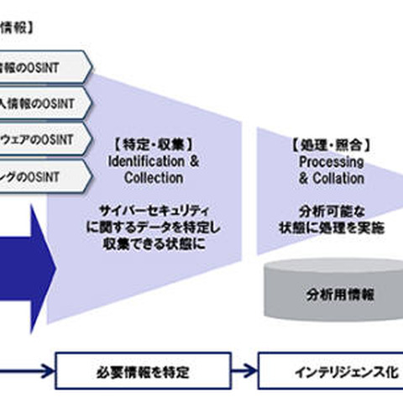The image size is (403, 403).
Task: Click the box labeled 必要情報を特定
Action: pyautogui.click(x=142, y=369)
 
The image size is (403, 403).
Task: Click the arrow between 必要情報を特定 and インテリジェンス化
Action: pyautogui.click(x=243, y=369)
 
